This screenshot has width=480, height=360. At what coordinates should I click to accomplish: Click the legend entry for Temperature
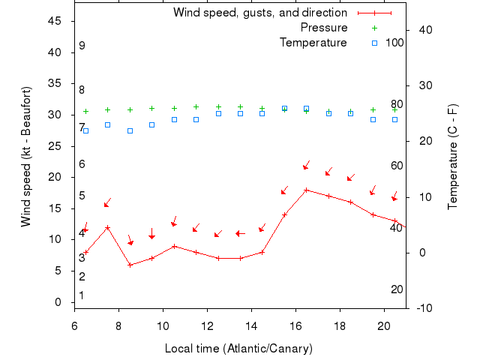[x=313, y=43]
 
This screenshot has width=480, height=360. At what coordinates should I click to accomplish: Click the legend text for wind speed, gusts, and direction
[x=259, y=13]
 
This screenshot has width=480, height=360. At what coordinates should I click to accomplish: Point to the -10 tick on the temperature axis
[x=423, y=307]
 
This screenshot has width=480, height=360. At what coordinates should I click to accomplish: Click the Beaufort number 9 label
[x=82, y=46]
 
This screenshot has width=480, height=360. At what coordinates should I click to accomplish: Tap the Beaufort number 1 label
[x=82, y=295]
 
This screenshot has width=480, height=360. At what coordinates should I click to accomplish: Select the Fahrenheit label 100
[x=394, y=43]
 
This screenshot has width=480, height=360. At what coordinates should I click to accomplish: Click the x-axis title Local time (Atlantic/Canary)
[x=238, y=349]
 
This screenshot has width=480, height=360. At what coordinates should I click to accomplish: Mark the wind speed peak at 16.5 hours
[x=306, y=190]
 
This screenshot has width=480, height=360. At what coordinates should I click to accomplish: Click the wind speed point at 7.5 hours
[x=108, y=227]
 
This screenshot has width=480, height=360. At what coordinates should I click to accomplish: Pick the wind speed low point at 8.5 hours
[x=130, y=265]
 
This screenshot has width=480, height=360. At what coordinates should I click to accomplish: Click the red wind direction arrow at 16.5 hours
[x=306, y=166]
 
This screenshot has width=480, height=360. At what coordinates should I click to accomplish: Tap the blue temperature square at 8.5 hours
[x=130, y=130]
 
